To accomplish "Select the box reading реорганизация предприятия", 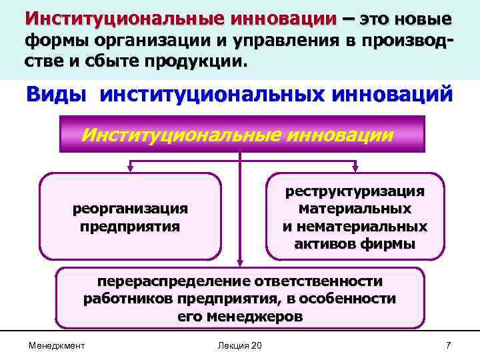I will pos(130,217).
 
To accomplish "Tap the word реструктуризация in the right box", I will pos(355,192).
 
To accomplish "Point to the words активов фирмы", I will pos(355,244).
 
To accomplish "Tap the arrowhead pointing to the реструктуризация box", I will pos(355,169).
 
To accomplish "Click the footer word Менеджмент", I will pos(57,345).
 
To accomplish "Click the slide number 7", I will pos(448,345).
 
